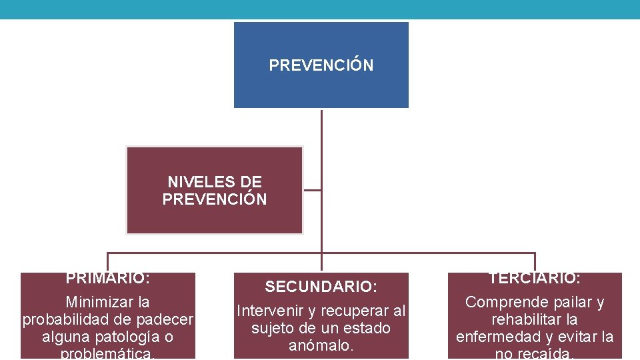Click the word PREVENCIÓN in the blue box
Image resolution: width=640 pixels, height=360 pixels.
click(321, 65)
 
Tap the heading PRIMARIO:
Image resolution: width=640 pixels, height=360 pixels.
click(107, 278)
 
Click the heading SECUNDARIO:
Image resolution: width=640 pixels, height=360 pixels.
click(321, 287)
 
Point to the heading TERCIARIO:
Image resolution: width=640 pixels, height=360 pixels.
click(535, 278)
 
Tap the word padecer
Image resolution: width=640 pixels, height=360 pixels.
click(167, 319)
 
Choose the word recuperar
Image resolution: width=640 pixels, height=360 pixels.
click(355, 311)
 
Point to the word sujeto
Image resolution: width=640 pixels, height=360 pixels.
click(273, 328)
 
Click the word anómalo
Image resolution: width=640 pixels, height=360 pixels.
click(321, 345)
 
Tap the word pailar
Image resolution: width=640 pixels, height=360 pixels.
click(565, 302)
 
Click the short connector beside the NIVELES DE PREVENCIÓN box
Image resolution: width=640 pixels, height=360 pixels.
click(312, 190)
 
